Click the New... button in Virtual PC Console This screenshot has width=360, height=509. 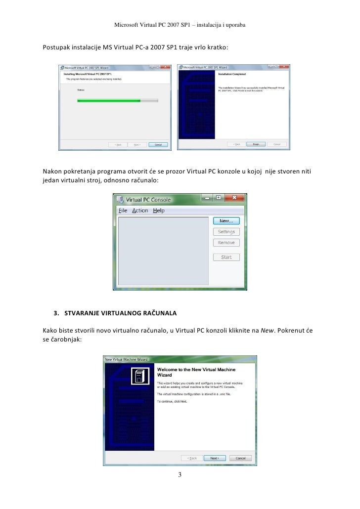(x=226, y=221)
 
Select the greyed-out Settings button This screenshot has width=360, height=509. (x=226, y=232)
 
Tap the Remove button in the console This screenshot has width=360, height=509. (x=226, y=243)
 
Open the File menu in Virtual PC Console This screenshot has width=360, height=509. (x=123, y=211)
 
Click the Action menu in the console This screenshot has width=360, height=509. (x=140, y=211)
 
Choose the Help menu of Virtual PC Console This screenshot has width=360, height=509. (x=159, y=211)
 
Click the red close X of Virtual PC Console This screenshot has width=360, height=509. (x=235, y=198)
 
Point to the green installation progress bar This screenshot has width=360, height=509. (x=109, y=100)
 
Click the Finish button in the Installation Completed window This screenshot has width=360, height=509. (x=256, y=145)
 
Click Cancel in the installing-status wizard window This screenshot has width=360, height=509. (x=158, y=145)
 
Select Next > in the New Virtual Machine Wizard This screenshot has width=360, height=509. (x=215, y=458)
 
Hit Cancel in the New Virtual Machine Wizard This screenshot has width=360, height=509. (x=240, y=458)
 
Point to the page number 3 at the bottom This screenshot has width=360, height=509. (x=180, y=475)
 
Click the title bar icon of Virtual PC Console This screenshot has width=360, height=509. (x=119, y=200)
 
